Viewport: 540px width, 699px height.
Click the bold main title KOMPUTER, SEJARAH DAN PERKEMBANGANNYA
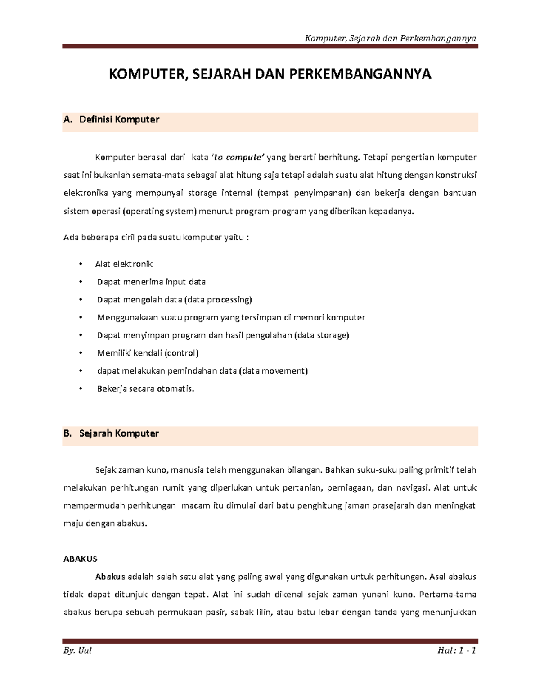[x=270, y=74]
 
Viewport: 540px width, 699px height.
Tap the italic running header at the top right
[x=390, y=38]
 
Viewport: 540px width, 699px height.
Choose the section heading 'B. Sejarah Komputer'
[x=111, y=433]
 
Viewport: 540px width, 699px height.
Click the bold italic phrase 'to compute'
[x=238, y=158]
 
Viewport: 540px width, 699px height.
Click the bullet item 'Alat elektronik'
[x=124, y=264]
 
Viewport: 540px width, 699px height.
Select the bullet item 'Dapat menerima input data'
[x=151, y=282]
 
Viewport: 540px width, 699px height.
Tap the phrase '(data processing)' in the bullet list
[x=219, y=300]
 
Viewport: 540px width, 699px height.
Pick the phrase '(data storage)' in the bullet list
[x=322, y=335]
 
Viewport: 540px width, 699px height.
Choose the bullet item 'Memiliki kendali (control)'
[x=148, y=353]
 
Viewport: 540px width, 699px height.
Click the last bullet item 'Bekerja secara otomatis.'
[x=146, y=388]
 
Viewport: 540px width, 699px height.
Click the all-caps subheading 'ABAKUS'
[x=81, y=559]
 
